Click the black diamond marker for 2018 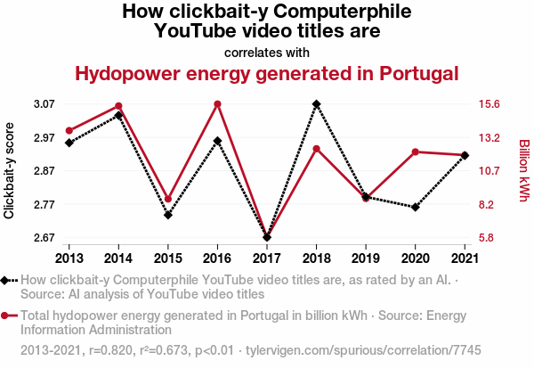click(x=317, y=104)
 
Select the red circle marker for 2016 click(x=217, y=104)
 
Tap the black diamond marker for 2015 click(x=168, y=215)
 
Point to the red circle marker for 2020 click(x=416, y=152)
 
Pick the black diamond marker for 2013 click(x=69, y=143)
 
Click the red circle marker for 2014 click(x=118, y=106)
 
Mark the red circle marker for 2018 click(x=317, y=148)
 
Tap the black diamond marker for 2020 click(x=416, y=208)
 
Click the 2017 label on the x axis click(x=267, y=258)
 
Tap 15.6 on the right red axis click(x=490, y=104)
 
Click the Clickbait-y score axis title click(x=10, y=171)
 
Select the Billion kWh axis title click(x=523, y=171)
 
